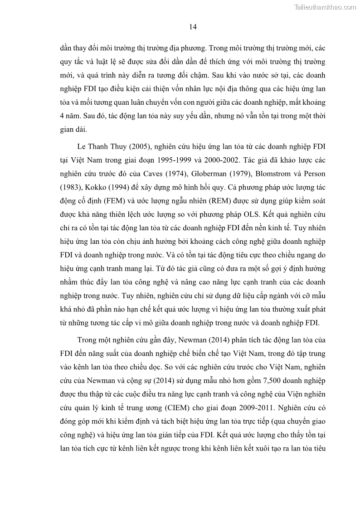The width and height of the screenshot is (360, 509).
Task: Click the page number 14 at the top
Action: coord(193,27)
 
